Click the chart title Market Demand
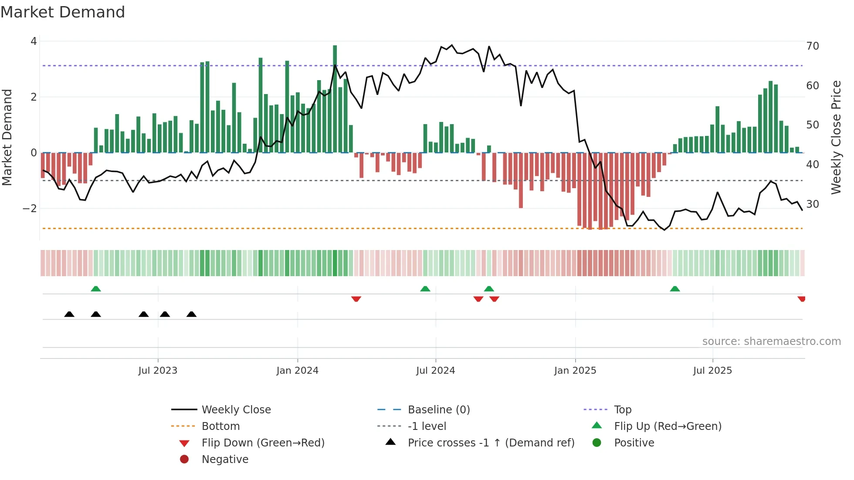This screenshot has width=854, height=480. (63, 12)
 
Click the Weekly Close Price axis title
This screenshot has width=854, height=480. (836, 137)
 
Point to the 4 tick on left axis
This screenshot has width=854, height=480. (34, 41)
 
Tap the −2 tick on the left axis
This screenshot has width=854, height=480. (30, 209)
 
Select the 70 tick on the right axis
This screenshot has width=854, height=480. (812, 46)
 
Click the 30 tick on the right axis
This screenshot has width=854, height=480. (812, 204)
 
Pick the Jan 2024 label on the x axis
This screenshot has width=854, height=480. (297, 371)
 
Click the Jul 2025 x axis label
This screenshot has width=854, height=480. (712, 371)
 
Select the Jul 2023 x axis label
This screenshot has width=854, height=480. (158, 371)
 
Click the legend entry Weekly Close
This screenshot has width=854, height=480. (236, 410)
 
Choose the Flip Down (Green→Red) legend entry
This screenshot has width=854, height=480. (263, 443)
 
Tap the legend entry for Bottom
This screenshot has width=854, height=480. (220, 426)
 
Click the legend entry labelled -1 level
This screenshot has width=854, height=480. (427, 426)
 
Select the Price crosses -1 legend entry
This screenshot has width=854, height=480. (491, 443)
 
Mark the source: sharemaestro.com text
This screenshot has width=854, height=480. (771, 341)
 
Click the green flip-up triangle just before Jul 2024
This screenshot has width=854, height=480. (425, 289)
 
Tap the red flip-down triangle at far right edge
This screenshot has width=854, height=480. (801, 299)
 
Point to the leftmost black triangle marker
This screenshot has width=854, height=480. (69, 314)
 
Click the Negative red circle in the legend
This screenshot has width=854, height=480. (184, 460)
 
